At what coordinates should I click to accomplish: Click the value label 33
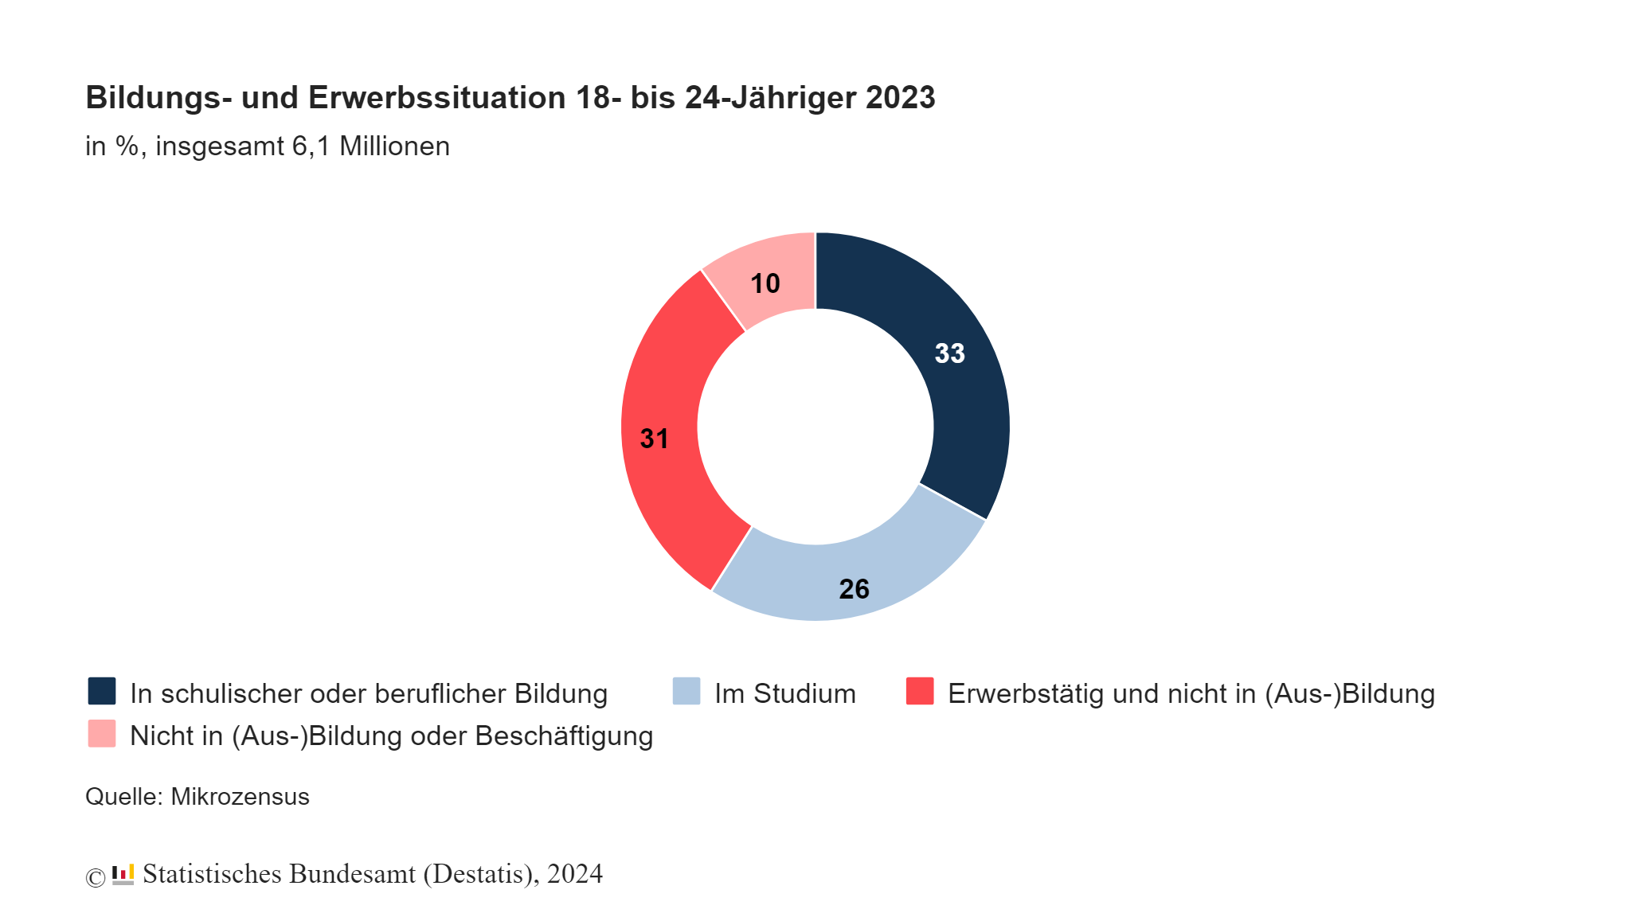(x=949, y=353)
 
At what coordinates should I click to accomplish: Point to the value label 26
(x=854, y=589)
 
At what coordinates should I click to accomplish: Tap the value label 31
(x=655, y=439)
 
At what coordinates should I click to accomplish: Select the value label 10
(x=765, y=283)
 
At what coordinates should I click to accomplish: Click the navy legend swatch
(x=102, y=691)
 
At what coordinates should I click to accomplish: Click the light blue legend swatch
(x=686, y=691)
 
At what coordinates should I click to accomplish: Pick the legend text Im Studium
(x=784, y=693)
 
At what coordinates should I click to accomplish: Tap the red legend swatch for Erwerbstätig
(x=920, y=691)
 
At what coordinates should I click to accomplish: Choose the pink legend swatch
(x=102, y=733)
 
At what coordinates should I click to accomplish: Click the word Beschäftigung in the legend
(x=564, y=736)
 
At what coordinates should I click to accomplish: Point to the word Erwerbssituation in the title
(x=436, y=97)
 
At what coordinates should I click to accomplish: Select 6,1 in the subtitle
(x=311, y=146)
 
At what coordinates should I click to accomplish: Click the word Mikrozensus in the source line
(x=240, y=797)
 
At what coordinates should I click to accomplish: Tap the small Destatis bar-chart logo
(x=123, y=874)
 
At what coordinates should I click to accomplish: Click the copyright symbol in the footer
(x=95, y=877)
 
